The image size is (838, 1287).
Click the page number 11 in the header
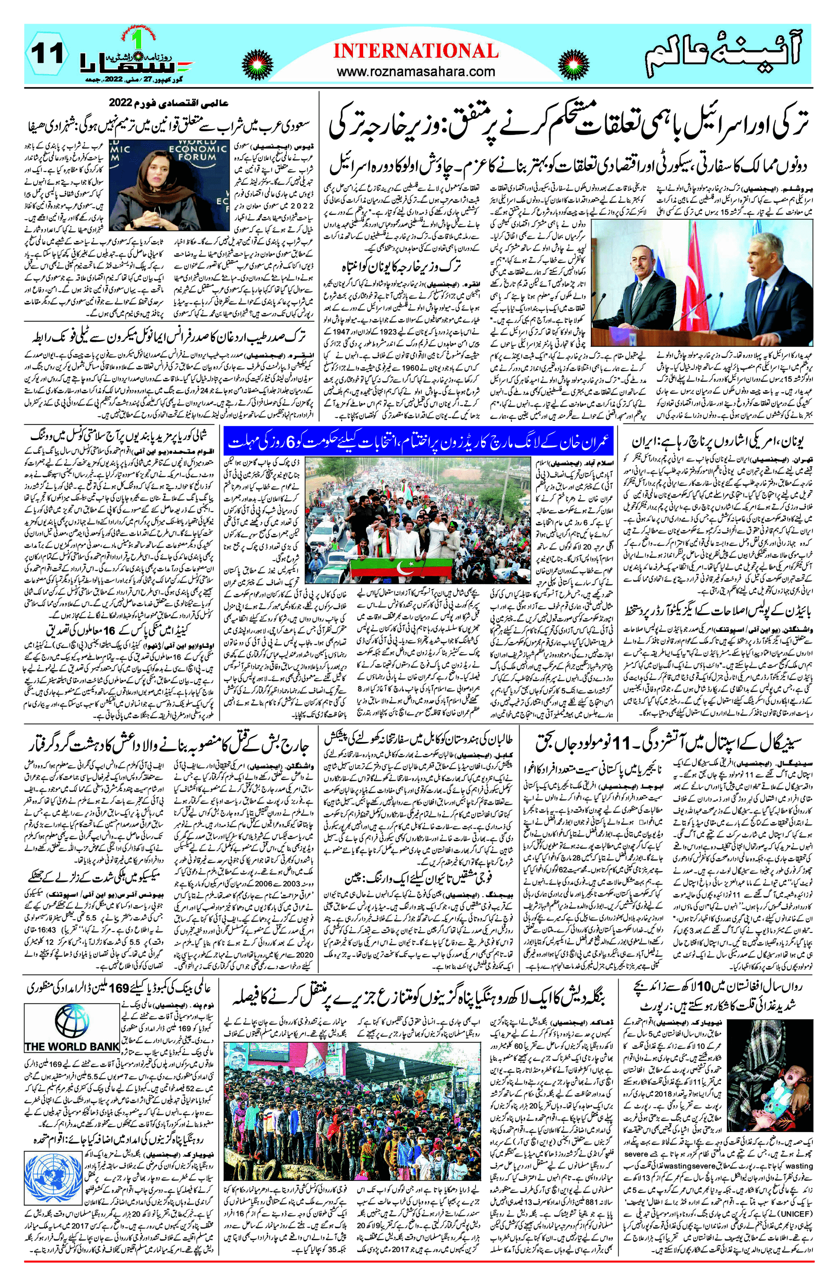[x=47, y=54]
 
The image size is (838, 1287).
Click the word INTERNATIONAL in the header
[x=415, y=51]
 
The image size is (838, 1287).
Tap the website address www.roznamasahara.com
[x=415, y=71]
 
